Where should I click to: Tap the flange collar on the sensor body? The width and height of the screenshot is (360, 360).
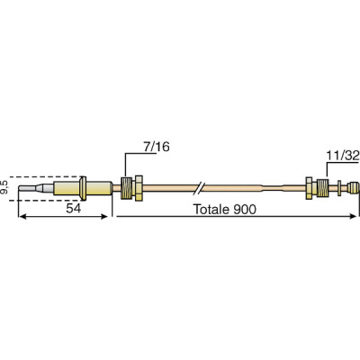tap(83, 188)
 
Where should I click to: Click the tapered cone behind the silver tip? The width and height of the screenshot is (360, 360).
tap(46, 189)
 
